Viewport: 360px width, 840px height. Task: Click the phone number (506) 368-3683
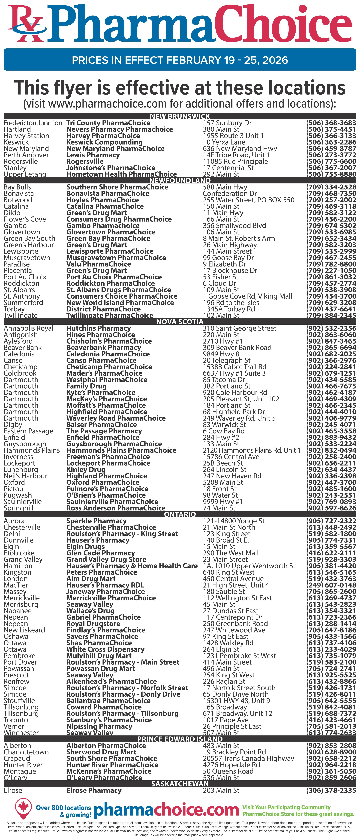coord(331,123)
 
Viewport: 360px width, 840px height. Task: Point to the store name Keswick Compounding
coord(104,142)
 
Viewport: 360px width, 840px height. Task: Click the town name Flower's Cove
coord(25,219)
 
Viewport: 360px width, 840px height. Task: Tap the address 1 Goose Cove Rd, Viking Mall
coord(247,296)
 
